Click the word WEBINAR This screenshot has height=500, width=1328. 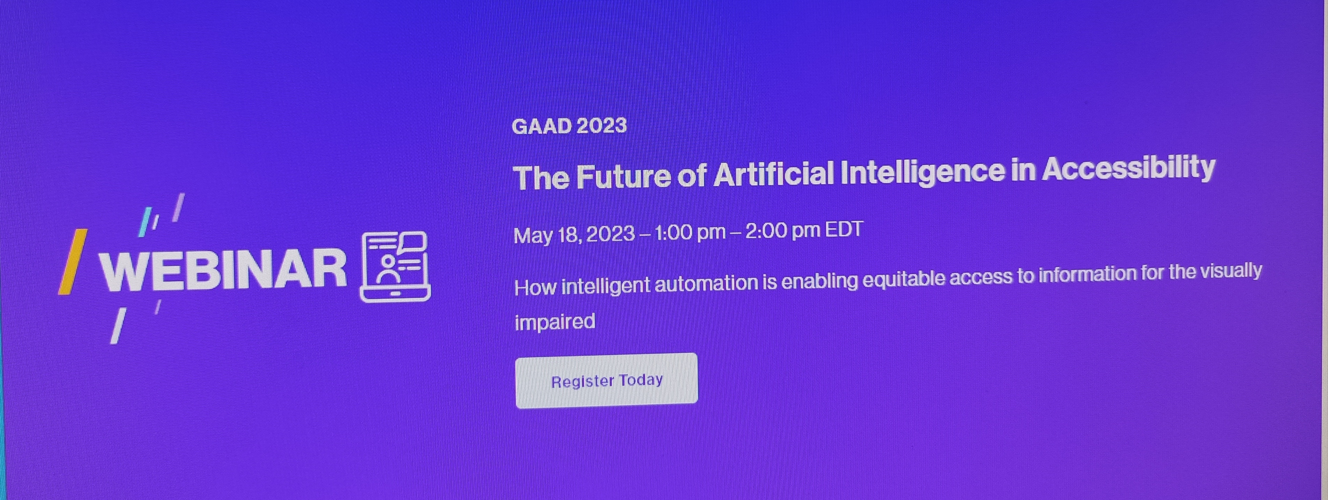tap(223, 269)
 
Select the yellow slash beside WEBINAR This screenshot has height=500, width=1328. tap(72, 261)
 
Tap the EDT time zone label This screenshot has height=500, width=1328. tap(844, 229)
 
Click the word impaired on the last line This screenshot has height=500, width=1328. tap(555, 322)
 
